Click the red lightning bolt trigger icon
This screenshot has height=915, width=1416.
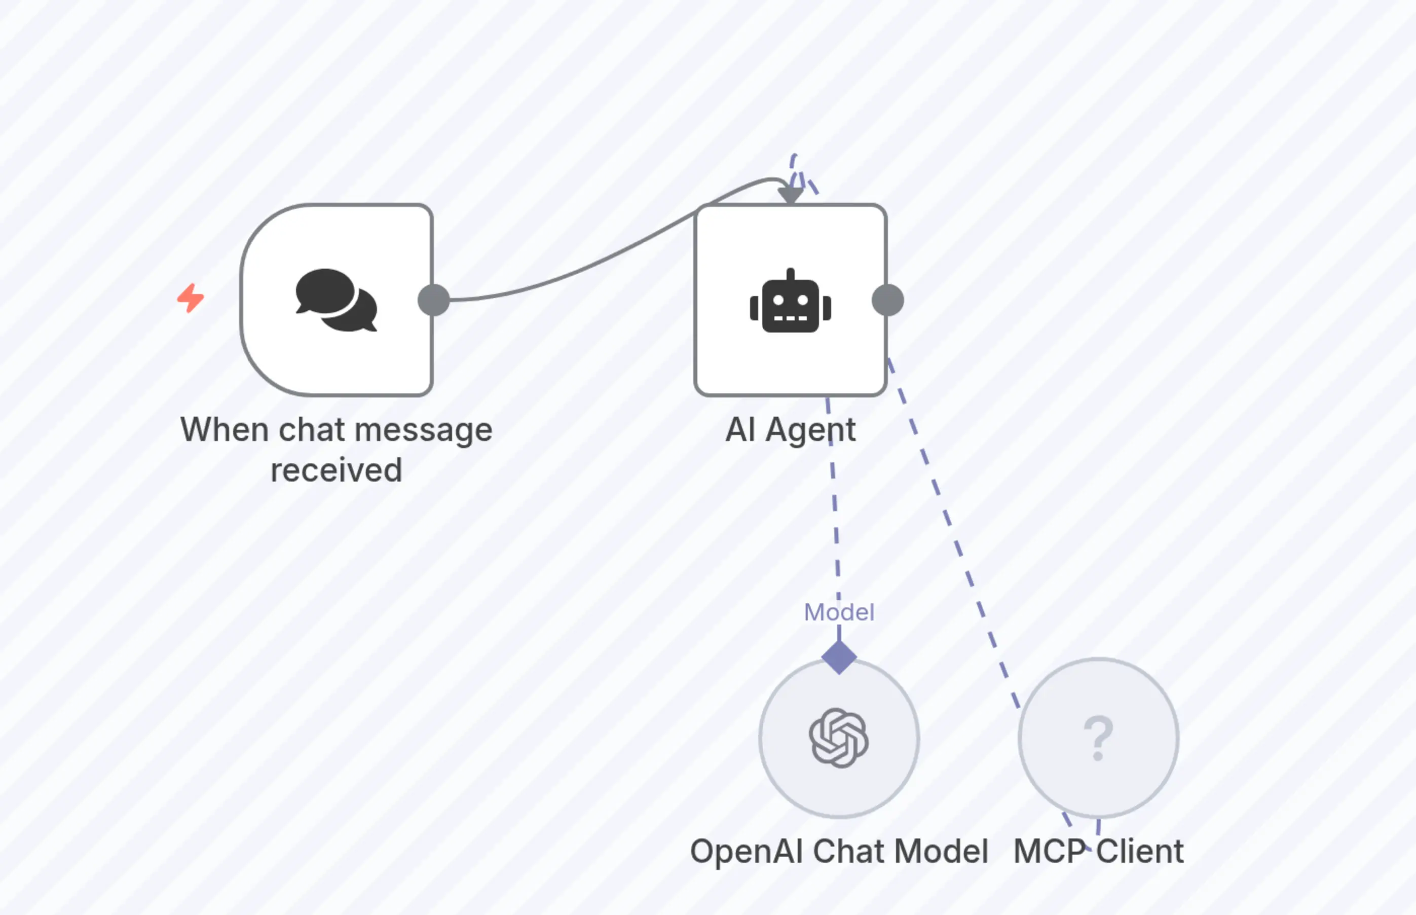pos(191,298)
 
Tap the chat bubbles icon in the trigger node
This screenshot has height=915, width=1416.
pos(336,300)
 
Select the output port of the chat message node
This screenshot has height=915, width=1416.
pos(434,300)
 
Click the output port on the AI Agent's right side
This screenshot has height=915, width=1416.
pos(887,300)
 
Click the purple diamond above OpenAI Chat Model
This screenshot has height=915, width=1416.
pos(839,657)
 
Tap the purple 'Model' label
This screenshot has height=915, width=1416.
pos(839,612)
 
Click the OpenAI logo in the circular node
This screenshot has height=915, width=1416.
pos(839,738)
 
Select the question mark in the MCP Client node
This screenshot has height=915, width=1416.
pos(1098,738)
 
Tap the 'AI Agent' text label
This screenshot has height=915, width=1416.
pos(791,429)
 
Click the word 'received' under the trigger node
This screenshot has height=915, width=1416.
pos(336,470)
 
